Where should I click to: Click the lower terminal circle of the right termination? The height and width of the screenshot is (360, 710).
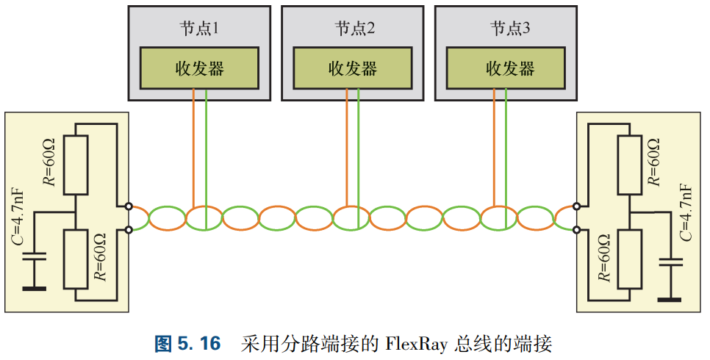(x=578, y=230)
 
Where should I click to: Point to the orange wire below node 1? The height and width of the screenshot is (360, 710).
(x=193, y=147)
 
